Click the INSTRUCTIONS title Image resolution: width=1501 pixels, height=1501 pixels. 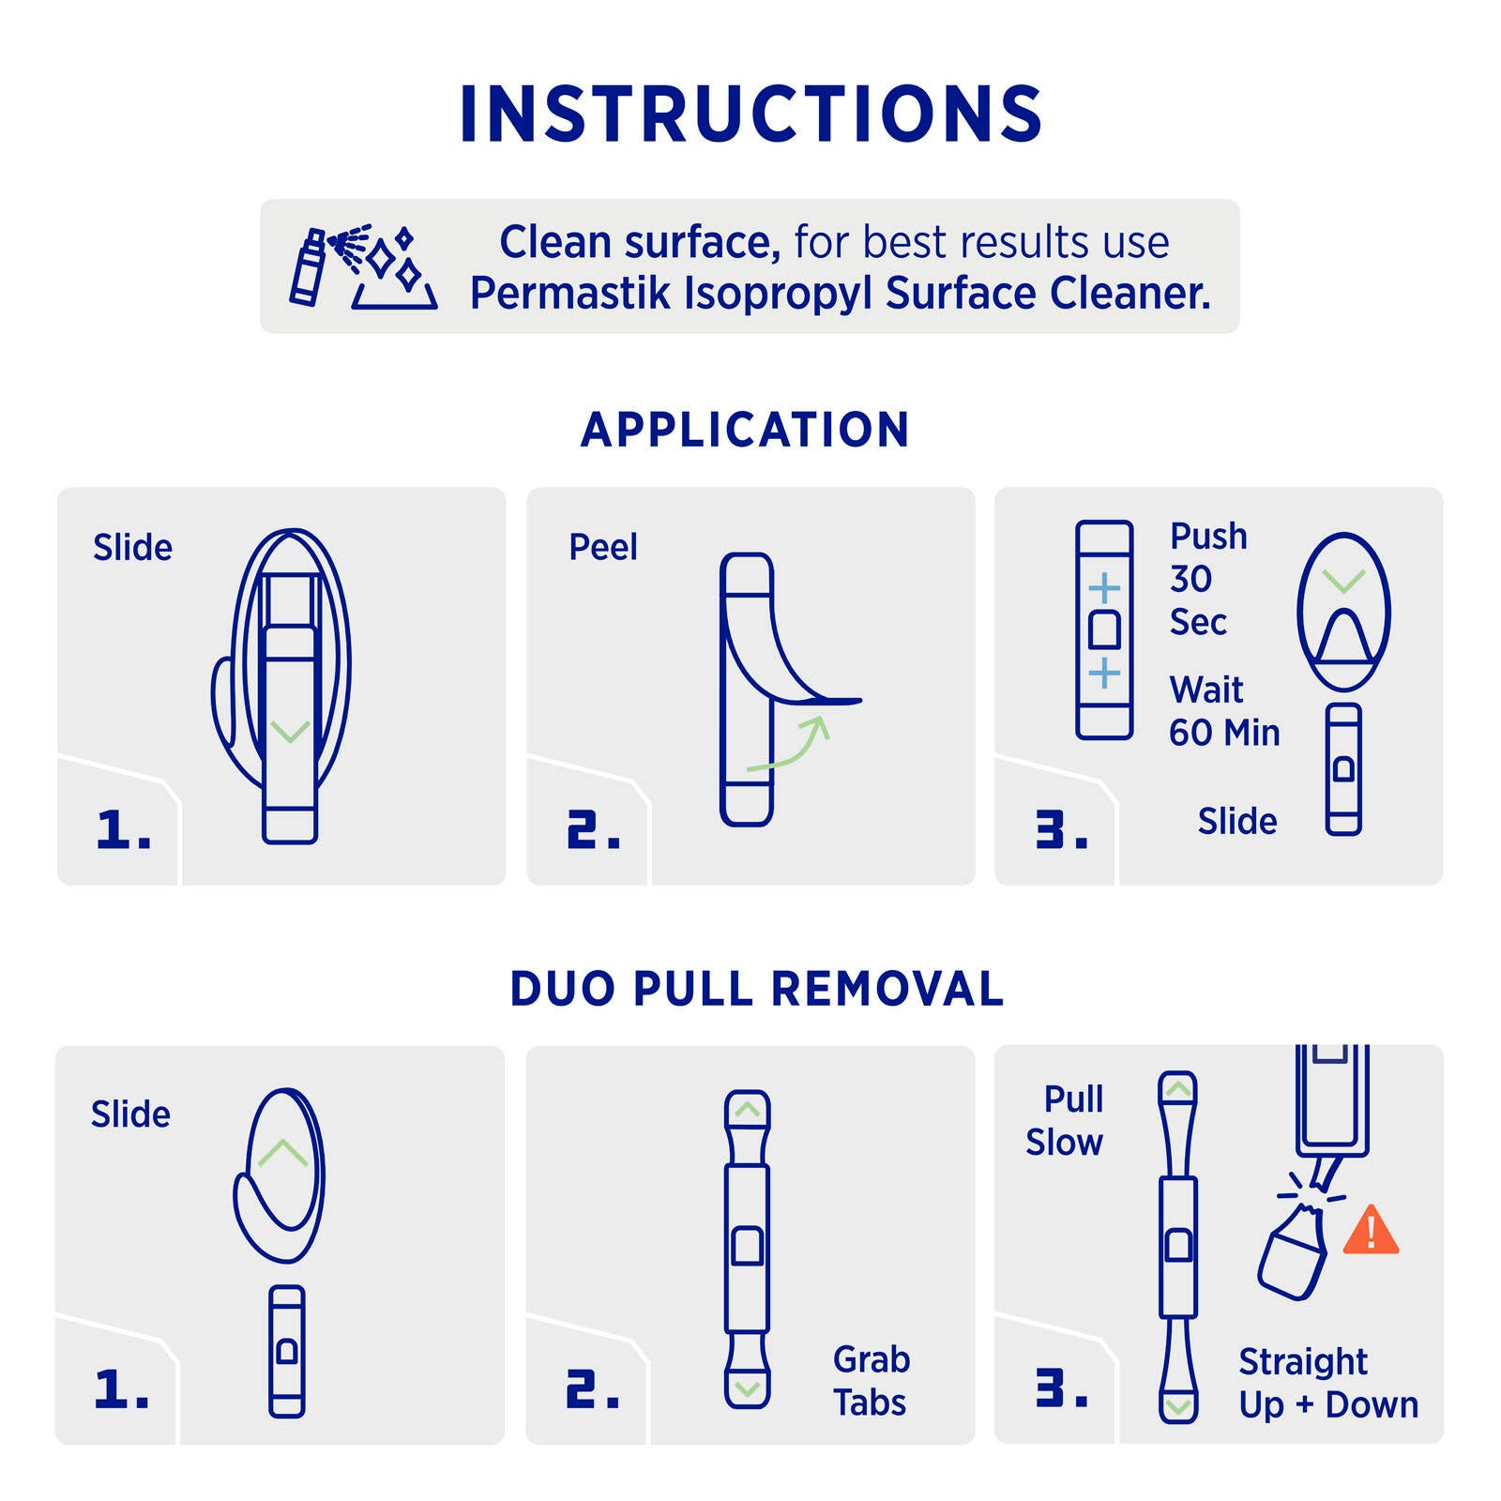click(750, 114)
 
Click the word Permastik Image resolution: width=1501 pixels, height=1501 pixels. click(570, 293)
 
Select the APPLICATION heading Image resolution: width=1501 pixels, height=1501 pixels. click(745, 430)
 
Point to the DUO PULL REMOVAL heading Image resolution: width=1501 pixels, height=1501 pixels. click(756, 989)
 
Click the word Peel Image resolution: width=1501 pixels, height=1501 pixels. click(603, 547)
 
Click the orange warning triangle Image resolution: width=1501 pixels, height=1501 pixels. click(1371, 1230)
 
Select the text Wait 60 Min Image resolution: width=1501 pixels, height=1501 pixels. click(1224, 711)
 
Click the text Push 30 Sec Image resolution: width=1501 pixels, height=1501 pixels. click(1208, 579)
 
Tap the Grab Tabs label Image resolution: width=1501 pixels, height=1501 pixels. click(872, 1381)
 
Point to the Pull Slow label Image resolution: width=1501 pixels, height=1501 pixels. click(1065, 1120)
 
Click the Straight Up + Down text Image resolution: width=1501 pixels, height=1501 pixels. click(1328, 1383)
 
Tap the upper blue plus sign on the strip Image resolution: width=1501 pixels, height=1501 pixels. click(1104, 589)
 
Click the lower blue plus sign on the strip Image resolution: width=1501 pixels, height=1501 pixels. click(1104, 673)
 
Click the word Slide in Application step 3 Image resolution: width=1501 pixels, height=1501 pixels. click(1237, 821)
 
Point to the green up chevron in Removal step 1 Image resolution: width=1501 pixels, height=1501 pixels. click(282, 1153)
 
